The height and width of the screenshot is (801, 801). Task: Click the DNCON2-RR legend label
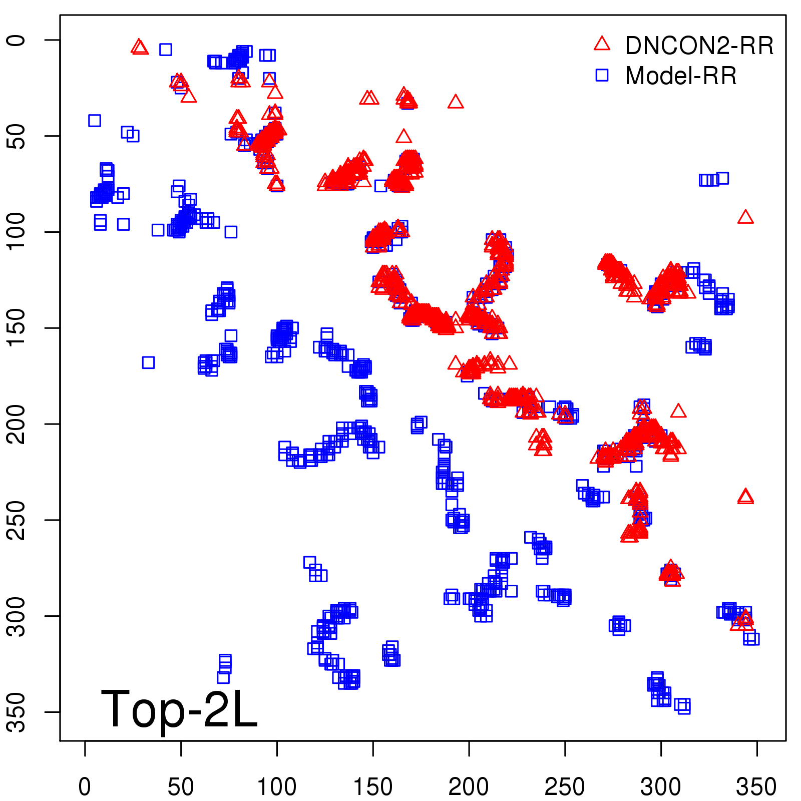(x=699, y=46)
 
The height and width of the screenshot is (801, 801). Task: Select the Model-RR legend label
(x=681, y=76)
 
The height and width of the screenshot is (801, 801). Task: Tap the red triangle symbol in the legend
(x=602, y=44)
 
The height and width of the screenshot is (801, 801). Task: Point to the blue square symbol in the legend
(x=602, y=75)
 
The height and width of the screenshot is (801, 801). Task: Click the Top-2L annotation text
(x=179, y=709)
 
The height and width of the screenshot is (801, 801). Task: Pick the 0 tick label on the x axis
(x=85, y=786)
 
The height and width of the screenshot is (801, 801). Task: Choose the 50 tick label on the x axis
(x=181, y=786)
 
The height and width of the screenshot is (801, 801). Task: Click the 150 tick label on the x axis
(x=373, y=786)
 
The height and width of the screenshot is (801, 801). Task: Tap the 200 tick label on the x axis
(x=469, y=786)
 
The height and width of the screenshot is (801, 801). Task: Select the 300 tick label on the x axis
(x=660, y=786)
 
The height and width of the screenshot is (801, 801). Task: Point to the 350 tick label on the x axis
(x=756, y=786)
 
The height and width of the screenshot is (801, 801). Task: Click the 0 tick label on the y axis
(x=18, y=40)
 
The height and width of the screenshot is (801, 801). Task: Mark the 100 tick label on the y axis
(x=18, y=231)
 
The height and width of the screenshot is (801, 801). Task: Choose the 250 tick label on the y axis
(x=18, y=520)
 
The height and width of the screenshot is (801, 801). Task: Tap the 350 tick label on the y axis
(x=18, y=711)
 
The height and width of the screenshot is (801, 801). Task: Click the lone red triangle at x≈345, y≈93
(x=745, y=217)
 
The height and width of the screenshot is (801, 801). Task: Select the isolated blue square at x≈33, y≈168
(x=148, y=362)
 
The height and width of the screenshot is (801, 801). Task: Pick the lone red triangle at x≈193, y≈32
(x=456, y=102)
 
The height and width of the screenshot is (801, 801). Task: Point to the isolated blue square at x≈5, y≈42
(x=95, y=120)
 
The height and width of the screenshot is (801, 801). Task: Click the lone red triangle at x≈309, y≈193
(x=678, y=412)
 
